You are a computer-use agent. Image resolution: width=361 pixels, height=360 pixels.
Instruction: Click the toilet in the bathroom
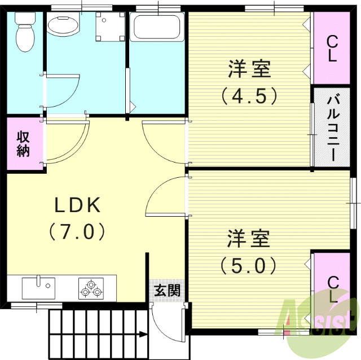point(24,31)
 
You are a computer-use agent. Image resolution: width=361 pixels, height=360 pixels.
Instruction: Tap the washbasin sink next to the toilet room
point(64,26)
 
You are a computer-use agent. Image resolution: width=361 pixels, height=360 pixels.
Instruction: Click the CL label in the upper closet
point(332,47)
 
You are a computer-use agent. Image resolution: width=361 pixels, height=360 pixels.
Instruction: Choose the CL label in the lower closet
point(333,288)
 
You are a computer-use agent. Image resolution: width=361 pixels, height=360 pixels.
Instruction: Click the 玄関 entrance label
point(168,291)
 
